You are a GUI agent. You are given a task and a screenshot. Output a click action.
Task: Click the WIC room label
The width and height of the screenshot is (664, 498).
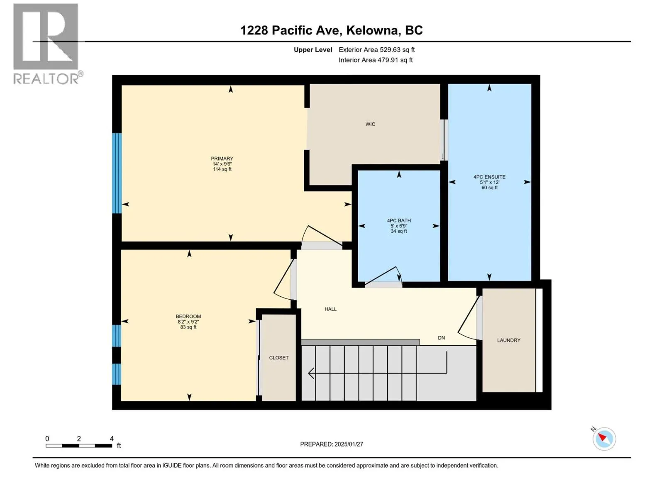(x=370, y=124)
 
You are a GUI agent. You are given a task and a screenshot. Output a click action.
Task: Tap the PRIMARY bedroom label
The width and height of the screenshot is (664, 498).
(x=222, y=159)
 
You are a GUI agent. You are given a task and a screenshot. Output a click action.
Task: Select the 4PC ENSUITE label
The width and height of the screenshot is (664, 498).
(x=489, y=177)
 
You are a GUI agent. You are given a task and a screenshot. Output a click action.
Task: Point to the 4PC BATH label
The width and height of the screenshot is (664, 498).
(x=399, y=220)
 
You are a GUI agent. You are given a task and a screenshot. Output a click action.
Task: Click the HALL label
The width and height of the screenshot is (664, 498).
(x=330, y=309)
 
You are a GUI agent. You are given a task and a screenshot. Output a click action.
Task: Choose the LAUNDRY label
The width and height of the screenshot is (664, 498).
(x=508, y=340)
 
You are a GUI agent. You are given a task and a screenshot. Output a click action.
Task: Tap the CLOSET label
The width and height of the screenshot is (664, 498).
(x=278, y=358)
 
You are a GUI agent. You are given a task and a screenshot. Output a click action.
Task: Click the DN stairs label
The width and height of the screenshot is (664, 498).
(x=442, y=338)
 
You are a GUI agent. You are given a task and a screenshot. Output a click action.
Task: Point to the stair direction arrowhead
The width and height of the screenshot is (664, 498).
(x=311, y=373)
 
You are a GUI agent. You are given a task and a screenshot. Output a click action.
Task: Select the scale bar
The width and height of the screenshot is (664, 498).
(x=79, y=446)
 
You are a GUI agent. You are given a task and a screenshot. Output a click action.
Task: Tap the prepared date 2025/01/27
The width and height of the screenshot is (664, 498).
(x=349, y=444)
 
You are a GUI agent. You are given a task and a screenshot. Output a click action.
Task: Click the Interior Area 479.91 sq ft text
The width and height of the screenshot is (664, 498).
(x=376, y=60)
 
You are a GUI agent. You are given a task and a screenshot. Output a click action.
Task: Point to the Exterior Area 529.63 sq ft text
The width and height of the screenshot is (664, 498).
(x=377, y=49)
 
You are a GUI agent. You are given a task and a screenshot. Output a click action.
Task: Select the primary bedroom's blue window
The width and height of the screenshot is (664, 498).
(x=117, y=173)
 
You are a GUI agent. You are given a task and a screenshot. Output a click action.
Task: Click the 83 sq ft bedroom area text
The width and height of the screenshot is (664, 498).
(x=188, y=327)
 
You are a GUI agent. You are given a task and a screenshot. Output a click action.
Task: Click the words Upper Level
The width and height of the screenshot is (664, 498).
(x=313, y=49)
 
